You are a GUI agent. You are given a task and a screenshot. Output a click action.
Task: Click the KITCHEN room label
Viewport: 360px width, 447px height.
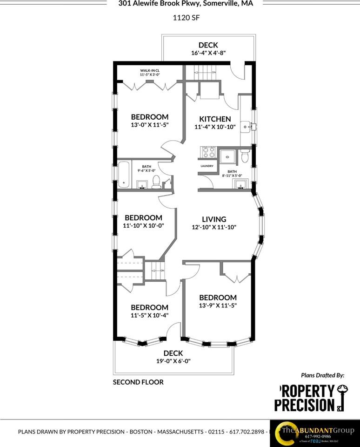(x=215, y=119)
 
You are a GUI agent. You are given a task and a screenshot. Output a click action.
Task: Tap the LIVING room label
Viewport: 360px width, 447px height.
(x=214, y=219)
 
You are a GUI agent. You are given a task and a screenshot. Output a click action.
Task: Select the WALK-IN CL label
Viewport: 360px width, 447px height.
(x=150, y=71)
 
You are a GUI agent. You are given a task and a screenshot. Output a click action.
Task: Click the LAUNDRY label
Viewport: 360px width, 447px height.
(x=207, y=166)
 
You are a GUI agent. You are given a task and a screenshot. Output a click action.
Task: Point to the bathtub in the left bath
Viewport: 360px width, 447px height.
(x=124, y=174)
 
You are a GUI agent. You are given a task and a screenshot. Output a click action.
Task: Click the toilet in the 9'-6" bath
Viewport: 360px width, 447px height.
(x=157, y=181)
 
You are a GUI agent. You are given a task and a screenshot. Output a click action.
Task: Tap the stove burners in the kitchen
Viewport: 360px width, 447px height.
(x=207, y=152)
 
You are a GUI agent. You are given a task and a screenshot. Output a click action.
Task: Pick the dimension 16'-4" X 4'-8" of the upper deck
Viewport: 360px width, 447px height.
(x=208, y=53)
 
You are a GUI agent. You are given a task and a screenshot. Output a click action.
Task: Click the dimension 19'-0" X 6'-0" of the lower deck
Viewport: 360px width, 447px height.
(x=173, y=361)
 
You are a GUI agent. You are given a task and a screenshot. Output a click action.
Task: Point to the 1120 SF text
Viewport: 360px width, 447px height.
(x=180, y=19)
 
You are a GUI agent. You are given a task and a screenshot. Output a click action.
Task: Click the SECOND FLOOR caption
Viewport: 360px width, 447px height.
(x=138, y=382)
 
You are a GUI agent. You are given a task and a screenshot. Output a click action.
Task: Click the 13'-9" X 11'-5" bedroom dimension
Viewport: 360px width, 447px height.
(x=218, y=306)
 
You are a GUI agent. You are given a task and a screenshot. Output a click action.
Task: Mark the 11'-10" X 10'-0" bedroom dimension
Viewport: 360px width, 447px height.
(x=143, y=226)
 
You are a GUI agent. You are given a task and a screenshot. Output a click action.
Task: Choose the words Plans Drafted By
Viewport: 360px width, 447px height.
(x=323, y=374)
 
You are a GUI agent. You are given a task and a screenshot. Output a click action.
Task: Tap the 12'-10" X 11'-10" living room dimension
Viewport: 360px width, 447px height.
(x=214, y=227)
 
